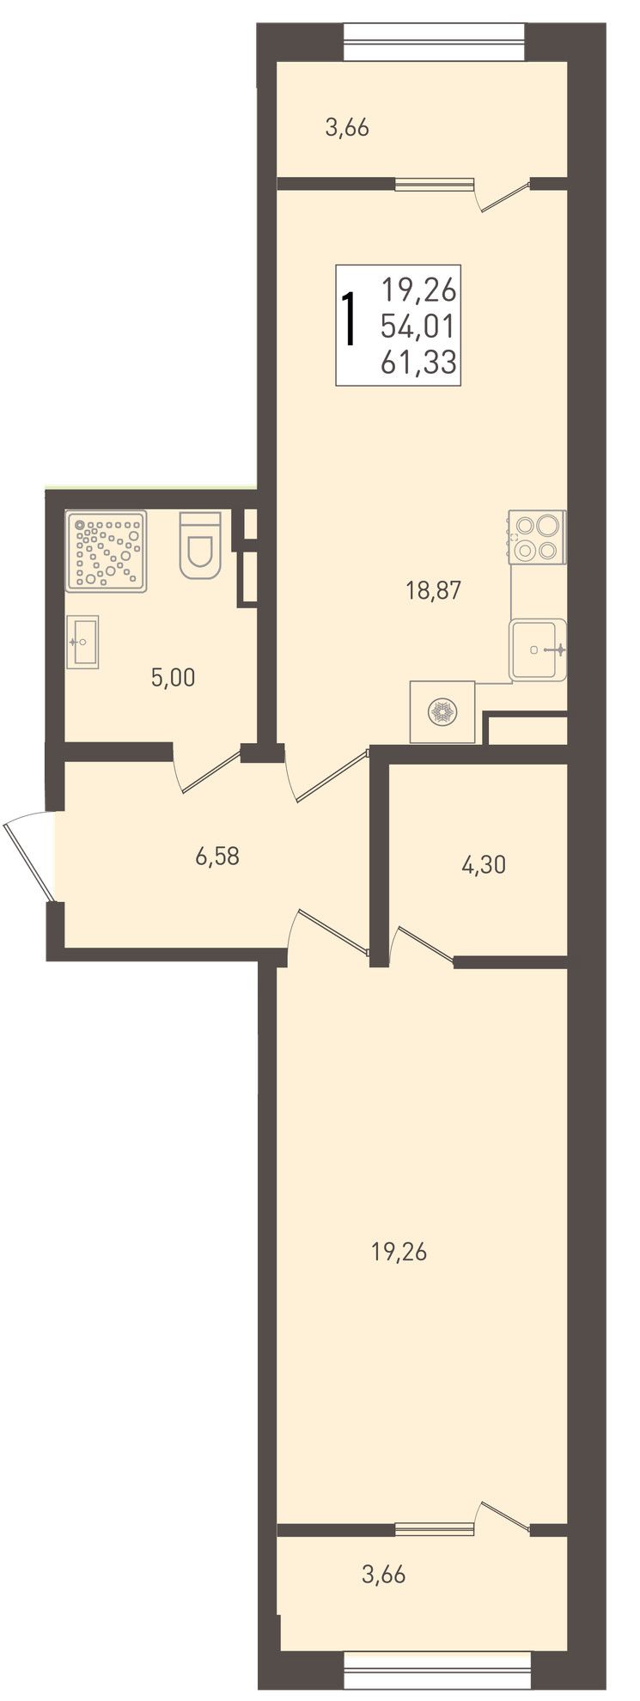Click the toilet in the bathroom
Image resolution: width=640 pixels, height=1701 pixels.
201,544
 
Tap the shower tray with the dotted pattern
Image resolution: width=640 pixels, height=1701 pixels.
107,551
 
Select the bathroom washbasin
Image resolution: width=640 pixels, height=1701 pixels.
83,642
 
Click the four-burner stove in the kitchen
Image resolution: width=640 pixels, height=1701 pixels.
538,537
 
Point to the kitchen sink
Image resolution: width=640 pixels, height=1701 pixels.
538,649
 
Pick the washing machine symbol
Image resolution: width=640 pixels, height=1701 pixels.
442,711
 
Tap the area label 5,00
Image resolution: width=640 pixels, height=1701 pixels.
173,678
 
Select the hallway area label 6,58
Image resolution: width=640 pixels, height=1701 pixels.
216,856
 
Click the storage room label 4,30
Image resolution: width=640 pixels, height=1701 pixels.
484,865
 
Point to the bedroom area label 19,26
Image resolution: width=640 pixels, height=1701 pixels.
399,1252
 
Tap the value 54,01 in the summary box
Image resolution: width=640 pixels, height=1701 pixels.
420,327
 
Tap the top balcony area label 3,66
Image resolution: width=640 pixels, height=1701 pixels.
347,128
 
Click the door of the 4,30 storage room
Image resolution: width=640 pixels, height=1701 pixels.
421,943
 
